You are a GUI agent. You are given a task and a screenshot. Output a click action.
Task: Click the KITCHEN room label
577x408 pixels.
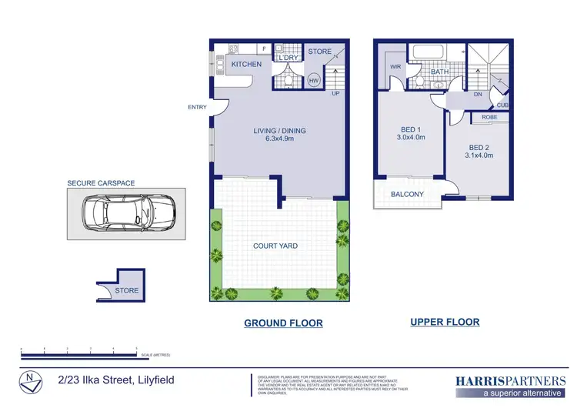coord(246,65)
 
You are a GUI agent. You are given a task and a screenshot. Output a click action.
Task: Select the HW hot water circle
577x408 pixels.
coord(314,80)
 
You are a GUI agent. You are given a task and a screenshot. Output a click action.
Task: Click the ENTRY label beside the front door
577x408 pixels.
coord(197,107)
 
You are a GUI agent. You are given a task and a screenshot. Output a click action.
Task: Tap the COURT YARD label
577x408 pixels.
coord(275,246)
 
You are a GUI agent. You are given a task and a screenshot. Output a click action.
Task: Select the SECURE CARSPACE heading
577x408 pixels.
coord(101,183)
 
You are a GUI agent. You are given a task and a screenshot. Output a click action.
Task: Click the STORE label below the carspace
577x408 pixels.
coord(128,290)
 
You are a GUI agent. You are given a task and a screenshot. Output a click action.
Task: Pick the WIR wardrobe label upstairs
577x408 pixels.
coord(396,67)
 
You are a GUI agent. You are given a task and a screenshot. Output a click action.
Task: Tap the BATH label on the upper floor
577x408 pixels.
coord(439,72)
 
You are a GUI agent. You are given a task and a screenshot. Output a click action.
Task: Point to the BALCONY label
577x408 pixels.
coord(408,194)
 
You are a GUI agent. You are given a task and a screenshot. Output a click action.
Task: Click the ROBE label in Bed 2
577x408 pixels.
coord(489,117)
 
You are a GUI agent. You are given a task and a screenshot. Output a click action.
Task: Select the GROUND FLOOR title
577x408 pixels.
coord(283,323)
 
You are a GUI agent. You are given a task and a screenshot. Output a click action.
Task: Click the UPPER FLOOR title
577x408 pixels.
coord(445,322)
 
